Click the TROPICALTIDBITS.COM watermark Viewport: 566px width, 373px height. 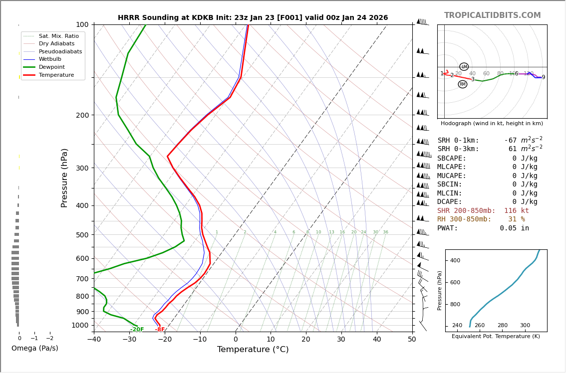(492, 15)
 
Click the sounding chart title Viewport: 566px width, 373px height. (253, 18)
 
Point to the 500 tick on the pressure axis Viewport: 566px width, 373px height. (82, 235)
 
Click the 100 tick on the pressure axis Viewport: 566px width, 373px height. (82, 24)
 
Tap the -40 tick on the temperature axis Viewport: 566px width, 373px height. (94, 340)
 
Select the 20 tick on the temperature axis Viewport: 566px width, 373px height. (306, 340)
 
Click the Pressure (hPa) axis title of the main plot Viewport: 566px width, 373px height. (65, 178)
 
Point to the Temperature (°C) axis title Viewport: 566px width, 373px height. (253, 350)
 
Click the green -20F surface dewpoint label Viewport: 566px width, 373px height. (137, 330)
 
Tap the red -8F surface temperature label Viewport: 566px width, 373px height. (160, 330)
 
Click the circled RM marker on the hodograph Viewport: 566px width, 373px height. (463, 84)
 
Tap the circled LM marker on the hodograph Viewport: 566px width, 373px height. (464, 67)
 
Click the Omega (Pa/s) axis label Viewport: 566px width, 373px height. (35, 348)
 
